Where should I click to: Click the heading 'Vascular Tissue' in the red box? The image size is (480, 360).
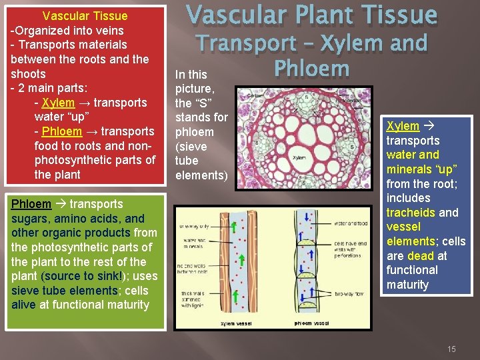85,16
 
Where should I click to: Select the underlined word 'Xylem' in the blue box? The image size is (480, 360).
403,126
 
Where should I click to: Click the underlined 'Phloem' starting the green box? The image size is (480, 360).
31,204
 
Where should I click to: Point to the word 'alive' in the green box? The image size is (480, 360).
24,305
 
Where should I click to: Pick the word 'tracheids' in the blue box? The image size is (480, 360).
411,213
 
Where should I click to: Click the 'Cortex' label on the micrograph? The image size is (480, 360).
256,96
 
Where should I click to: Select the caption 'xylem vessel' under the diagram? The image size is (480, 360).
237,323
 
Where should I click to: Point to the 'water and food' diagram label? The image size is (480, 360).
350,223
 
